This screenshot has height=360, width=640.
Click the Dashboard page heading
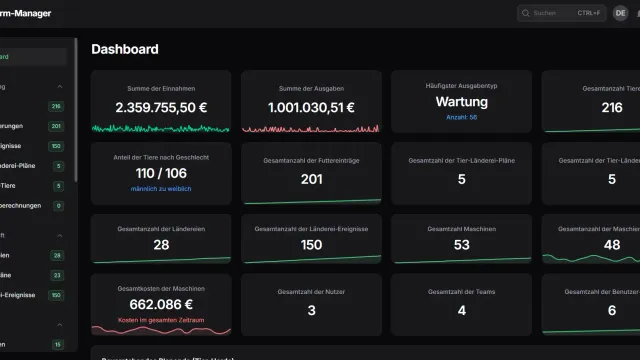pyautogui.click(x=124, y=49)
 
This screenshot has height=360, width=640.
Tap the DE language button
pyautogui.click(x=621, y=13)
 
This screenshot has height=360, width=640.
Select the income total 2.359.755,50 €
pyautogui.click(x=160, y=107)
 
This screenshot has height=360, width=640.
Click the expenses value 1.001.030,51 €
pyautogui.click(x=311, y=107)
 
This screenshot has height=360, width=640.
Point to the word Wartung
pyautogui.click(x=461, y=102)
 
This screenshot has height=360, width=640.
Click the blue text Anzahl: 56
pyautogui.click(x=461, y=117)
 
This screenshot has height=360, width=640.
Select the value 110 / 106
pyautogui.click(x=160, y=174)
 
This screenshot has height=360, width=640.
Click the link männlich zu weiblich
pyautogui.click(x=160, y=189)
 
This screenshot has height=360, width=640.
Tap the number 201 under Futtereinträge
pyautogui.click(x=311, y=179)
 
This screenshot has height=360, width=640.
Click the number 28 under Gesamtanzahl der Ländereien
pyautogui.click(x=160, y=245)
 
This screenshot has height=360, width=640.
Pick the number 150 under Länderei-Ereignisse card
pyautogui.click(x=311, y=245)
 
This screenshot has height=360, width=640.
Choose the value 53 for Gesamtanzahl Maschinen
pyautogui.click(x=461, y=245)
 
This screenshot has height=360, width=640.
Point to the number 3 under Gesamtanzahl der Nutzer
pyautogui.click(x=311, y=311)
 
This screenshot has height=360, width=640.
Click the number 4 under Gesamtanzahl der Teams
pyautogui.click(x=461, y=311)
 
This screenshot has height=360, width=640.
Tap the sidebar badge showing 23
pyautogui.click(x=56, y=275)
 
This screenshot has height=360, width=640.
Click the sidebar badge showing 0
pyautogui.click(x=57, y=205)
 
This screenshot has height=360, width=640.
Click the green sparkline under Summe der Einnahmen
pyautogui.click(x=160, y=128)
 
